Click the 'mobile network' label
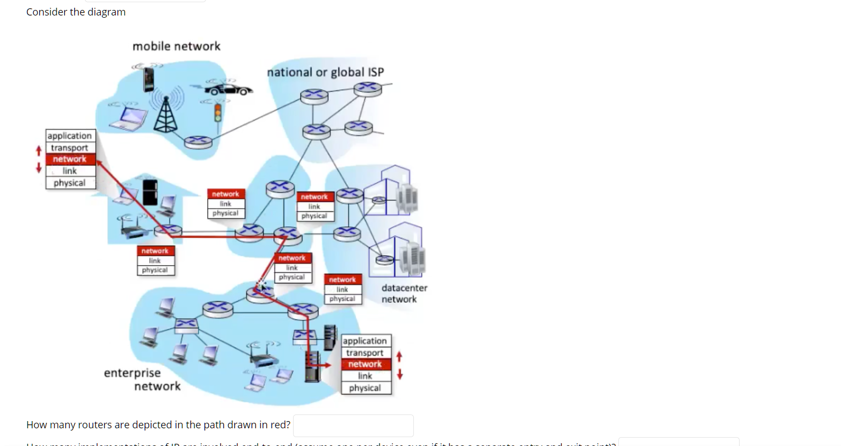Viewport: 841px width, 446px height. tap(176, 46)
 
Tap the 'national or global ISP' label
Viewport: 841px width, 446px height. tap(325, 72)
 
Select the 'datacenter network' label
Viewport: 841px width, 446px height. tap(404, 294)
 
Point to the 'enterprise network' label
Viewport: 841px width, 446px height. tap(142, 380)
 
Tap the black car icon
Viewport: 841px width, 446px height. tap(229, 89)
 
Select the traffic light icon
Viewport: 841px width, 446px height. tap(218, 112)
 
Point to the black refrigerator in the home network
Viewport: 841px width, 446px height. tap(150, 192)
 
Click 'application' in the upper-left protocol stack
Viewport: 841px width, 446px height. tap(70, 136)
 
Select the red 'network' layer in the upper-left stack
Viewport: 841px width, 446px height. tap(70, 159)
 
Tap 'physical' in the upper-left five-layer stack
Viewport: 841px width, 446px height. tap(70, 183)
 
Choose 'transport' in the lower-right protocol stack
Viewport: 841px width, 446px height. tap(365, 353)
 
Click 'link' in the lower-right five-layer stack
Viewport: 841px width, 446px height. tap(365, 376)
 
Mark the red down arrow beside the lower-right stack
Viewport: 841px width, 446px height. tap(399, 375)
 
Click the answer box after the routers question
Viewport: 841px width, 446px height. tap(353, 426)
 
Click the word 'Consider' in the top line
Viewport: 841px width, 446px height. tap(47, 12)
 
